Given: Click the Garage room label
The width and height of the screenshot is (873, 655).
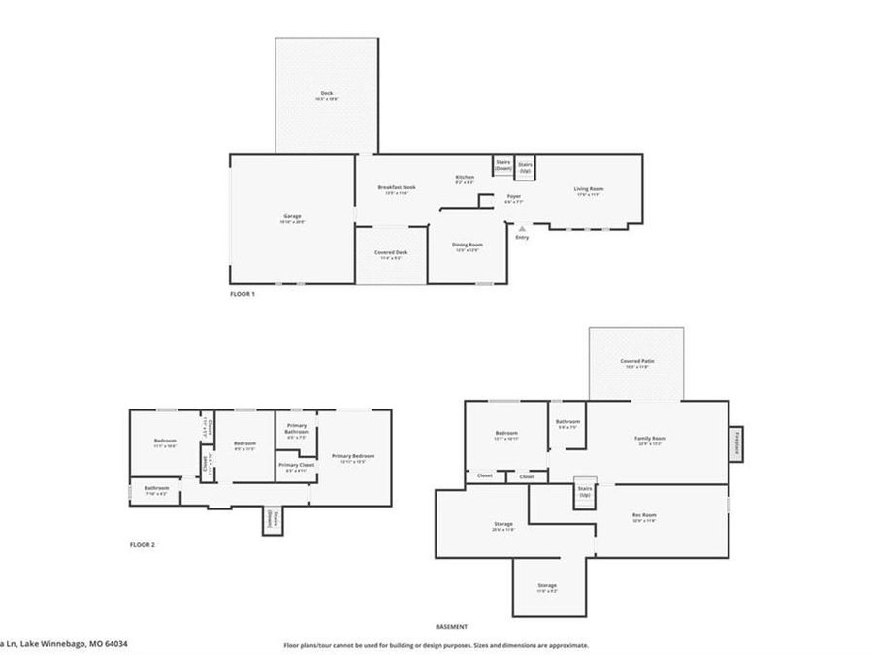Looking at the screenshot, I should (292, 216).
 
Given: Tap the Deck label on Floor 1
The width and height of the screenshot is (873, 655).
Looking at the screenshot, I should (327, 94).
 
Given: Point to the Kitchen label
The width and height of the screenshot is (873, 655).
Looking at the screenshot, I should (465, 177).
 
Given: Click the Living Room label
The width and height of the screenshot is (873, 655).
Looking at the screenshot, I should (588, 189).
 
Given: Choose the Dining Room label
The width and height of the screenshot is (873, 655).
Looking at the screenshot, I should (469, 246).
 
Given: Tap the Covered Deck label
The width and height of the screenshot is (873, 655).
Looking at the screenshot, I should (391, 252).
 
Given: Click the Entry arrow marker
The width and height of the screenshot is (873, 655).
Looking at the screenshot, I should (522, 228).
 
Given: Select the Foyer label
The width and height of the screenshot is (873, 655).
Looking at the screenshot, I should (514, 197).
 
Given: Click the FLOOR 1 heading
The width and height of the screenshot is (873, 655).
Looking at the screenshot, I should (242, 293).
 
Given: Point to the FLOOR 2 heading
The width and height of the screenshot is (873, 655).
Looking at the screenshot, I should (143, 545).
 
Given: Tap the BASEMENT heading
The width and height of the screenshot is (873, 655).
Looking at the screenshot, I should (451, 627).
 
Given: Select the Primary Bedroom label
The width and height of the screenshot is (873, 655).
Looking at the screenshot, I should (352, 456).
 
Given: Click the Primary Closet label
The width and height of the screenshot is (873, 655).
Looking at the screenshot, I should (296, 466).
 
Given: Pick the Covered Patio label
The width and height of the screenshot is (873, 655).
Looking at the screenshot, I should (637, 361).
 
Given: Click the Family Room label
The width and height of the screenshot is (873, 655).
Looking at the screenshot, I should (650, 439).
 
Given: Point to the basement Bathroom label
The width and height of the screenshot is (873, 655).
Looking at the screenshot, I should (567, 422).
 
